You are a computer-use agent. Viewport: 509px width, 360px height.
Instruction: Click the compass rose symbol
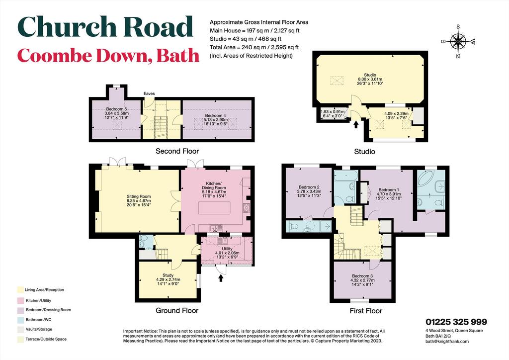tap(458, 41)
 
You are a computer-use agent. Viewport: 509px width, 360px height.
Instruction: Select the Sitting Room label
tap(139, 196)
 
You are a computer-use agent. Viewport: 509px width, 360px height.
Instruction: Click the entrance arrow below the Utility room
tap(221, 278)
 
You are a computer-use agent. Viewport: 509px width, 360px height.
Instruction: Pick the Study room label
tap(168, 275)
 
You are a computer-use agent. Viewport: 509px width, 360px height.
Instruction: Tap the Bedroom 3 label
tap(362, 276)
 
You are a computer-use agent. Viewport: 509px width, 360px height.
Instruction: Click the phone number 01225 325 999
tap(456, 322)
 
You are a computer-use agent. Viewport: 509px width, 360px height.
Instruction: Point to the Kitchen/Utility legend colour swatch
tap(20, 300)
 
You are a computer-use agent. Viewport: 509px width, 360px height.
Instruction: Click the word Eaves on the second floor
tap(149, 93)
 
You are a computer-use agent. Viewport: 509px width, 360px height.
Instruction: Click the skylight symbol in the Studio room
tap(337, 81)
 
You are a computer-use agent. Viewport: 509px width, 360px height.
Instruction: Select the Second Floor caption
tap(177, 151)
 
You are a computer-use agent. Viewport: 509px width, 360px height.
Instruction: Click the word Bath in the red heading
tap(178, 56)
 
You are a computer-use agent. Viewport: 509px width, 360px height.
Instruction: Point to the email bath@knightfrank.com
tap(447, 341)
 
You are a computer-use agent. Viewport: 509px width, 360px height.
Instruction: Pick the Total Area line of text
tap(254, 47)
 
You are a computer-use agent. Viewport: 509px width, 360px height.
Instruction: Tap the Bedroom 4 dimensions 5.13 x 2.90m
tap(215, 119)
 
